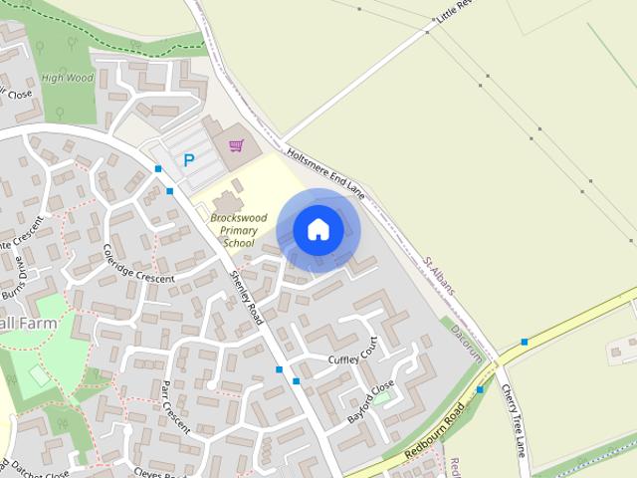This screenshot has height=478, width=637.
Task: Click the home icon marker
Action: pyautogui.click(x=318, y=230)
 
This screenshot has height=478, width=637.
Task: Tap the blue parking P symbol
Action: pyautogui.click(x=187, y=159)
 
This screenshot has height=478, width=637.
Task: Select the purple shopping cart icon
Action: pyautogui.click(x=236, y=146)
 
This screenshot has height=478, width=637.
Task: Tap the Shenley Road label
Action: pyautogui.click(x=246, y=296)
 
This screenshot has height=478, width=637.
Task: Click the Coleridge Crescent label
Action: pyautogui.click(x=138, y=264)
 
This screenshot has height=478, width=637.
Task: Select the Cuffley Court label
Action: pyautogui.click(x=354, y=353)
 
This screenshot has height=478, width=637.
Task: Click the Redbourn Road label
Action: pyautogui.click(x=436, y=433)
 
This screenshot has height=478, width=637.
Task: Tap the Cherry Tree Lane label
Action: pyautogui.click(x=515, y=418)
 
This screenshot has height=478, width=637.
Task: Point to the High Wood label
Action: pyautogui.click(x=68, y=78)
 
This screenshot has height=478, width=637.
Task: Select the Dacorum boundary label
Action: pyautogui.click(x=466, y=342)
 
